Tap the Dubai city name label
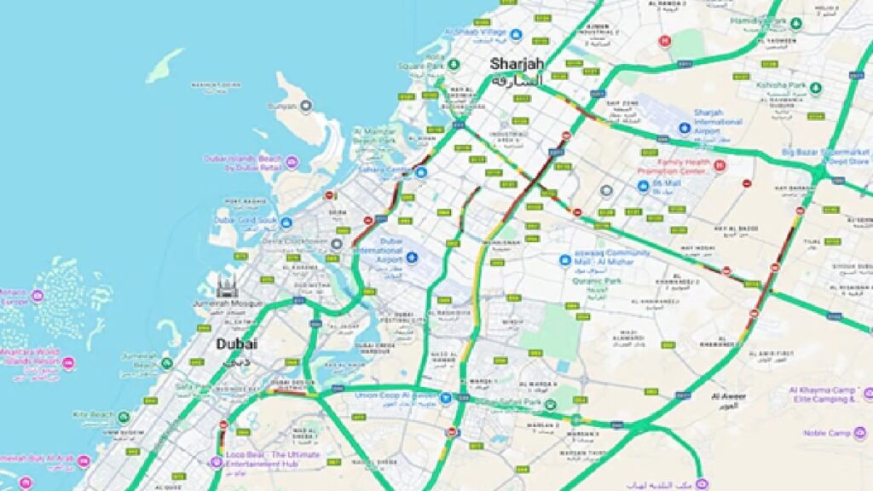(236, 344)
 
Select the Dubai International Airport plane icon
(413, 258)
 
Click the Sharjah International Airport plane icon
(684, 128)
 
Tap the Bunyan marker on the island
(306, 106)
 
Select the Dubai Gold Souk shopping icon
(286, 223)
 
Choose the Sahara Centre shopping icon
(420, 171)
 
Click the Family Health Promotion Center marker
(720, 165)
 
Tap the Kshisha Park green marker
(815, 87)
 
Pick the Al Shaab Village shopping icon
(516, 35)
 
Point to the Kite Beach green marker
(124, 417)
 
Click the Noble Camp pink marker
(859, 433)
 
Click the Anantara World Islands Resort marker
(68, 363)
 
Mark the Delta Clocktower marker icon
(337, 244)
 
